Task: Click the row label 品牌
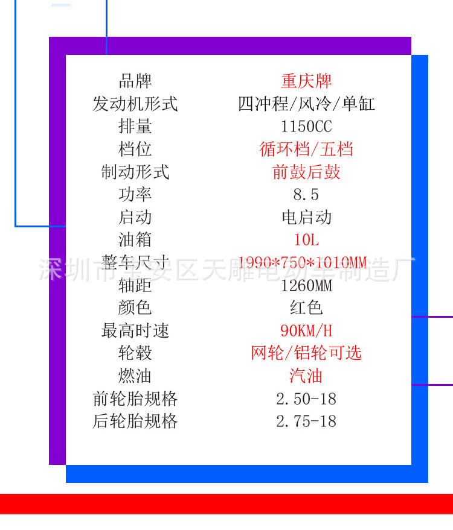pyautogui.click(x=135, y=81)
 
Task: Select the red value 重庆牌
pyautogui.click(x=306, y=81)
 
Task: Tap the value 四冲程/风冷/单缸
pyautogui.click(x=306, y=104)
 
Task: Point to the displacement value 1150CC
pyautogui.click(x=306, y=127)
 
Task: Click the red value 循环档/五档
pyautogui.click(x=306, y=149)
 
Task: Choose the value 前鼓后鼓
pyautogui.click(x=306, y=172)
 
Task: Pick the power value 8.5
pyautogui.click(x=306, y=195)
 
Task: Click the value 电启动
pyautogui.click(x=306, y=217)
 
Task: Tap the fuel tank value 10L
pyautogui.click(x=306, y=240)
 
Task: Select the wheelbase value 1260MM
pyautogui.click(x=306, y=285)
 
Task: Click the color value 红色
pyautogui.click(x=306, y=308)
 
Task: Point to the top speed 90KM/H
pyautogui.click(x=306, y=330)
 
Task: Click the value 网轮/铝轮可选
pyautogui.click(x=306, y=353)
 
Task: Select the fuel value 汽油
pyautogui.click(x=306, y=376)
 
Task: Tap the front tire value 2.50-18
pyautogui.click(x=306, y=399)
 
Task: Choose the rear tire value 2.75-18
pyautogui.click(x=306, y=421)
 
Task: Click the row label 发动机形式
pyautogui.click(x=135, y=104)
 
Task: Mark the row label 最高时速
pyautogui.click(x=135, y=330)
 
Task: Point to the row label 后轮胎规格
pyautogui.click(x=135, y=421)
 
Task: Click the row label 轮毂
pyautogui.click(x=135, y=353)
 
